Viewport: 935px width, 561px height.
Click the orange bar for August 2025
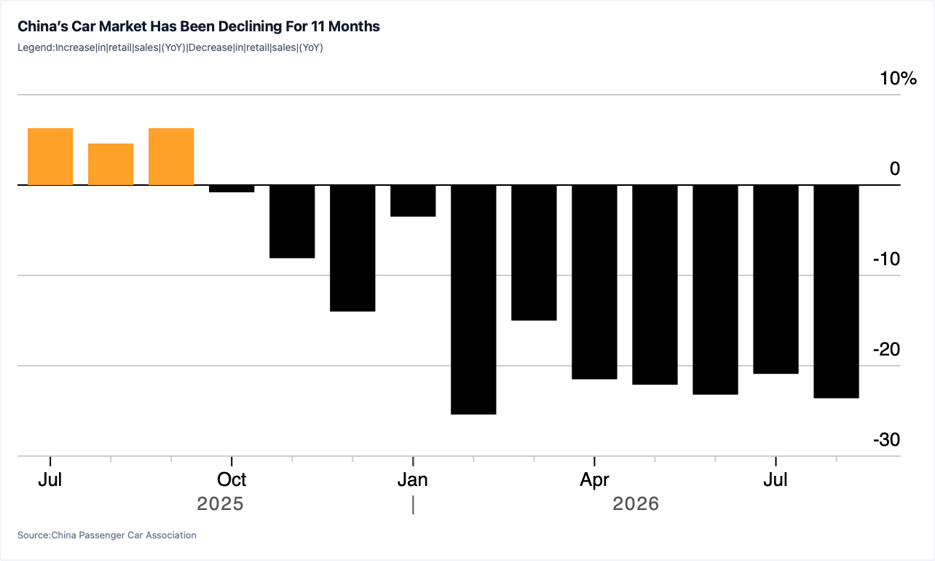click(x=111, y=164)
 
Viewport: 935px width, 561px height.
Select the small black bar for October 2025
click(x=232, y=189)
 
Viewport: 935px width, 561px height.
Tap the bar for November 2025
click(x=292, y=221)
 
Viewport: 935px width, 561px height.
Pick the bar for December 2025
click(x=352, y=248)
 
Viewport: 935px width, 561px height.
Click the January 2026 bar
click(x=413, y=200)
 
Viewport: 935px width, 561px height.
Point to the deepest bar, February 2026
click(x=474, y=299)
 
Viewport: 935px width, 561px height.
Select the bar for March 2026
click(x=534, y=253)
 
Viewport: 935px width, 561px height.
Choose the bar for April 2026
click(x=594, y=282)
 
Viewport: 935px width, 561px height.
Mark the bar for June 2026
click(x=715, y=289)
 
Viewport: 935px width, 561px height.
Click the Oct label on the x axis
click(x=232, y=479)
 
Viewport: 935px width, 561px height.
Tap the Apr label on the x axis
click(x=594, y=480)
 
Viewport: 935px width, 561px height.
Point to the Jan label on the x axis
click(x=412, y=479)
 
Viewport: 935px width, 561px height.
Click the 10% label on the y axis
click(x=899, y=78)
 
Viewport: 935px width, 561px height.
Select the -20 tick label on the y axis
click(x=887, y=349)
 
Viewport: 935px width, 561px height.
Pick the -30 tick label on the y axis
click(x=887, y=439)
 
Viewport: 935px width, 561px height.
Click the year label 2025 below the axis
click(x=220, y=503)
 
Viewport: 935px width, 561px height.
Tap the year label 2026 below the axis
click(x=636, y=503)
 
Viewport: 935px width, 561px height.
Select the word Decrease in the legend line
click(x=210, y=47)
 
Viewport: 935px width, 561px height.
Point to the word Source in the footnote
click(x=33, y=535)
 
